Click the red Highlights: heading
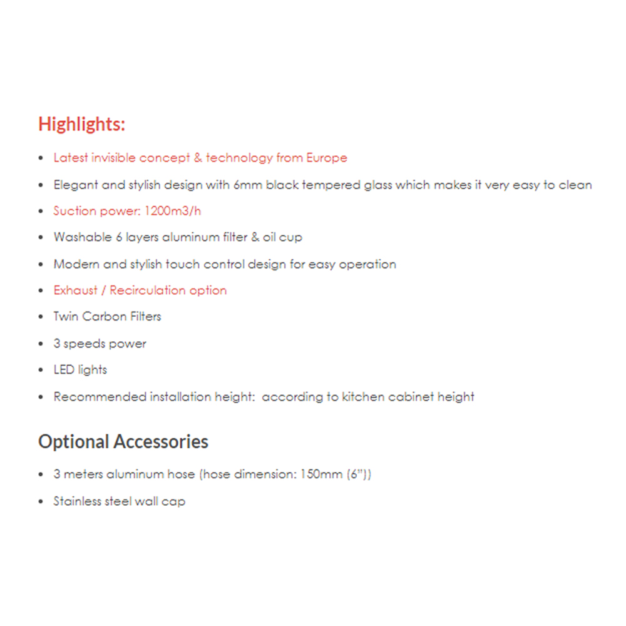[81, 124]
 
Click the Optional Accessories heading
[123, 441]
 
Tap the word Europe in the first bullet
[326, 158]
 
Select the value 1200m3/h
[172, 211]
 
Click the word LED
[64, 370]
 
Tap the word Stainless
[77, 501]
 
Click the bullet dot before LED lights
[41, 371]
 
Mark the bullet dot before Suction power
[41, 212]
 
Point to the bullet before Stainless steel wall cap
[41, 502]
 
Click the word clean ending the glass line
[576, 185]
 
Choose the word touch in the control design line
[182, 264]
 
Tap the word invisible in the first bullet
[115, 158]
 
